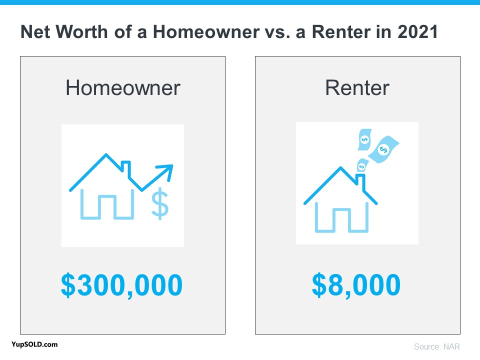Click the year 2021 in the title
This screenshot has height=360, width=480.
click(417, 32)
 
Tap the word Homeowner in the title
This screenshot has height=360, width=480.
click(206, 32)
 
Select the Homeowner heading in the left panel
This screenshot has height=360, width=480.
click(123, 88)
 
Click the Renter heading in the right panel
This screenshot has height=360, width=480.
click(357, 88)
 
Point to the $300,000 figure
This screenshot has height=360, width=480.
click(122, 285)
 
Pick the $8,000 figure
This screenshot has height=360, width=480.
click(356, 285)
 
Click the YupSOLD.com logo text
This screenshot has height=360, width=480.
click(34, 344)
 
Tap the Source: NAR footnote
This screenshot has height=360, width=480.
click(437, 346)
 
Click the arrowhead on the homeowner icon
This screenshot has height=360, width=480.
click(167, 170)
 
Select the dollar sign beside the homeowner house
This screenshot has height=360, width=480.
click(160, 203)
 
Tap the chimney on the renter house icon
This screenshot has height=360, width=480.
click(360, 181)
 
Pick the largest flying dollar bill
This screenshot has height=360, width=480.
click(383, 149)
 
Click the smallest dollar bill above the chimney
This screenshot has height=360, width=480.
click(362, 165)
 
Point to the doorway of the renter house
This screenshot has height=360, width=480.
click(341, 220)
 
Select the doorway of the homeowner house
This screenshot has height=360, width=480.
click(107, 207)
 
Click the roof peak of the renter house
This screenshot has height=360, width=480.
click(340, 167)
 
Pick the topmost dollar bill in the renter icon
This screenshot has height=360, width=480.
click(364, 139)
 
